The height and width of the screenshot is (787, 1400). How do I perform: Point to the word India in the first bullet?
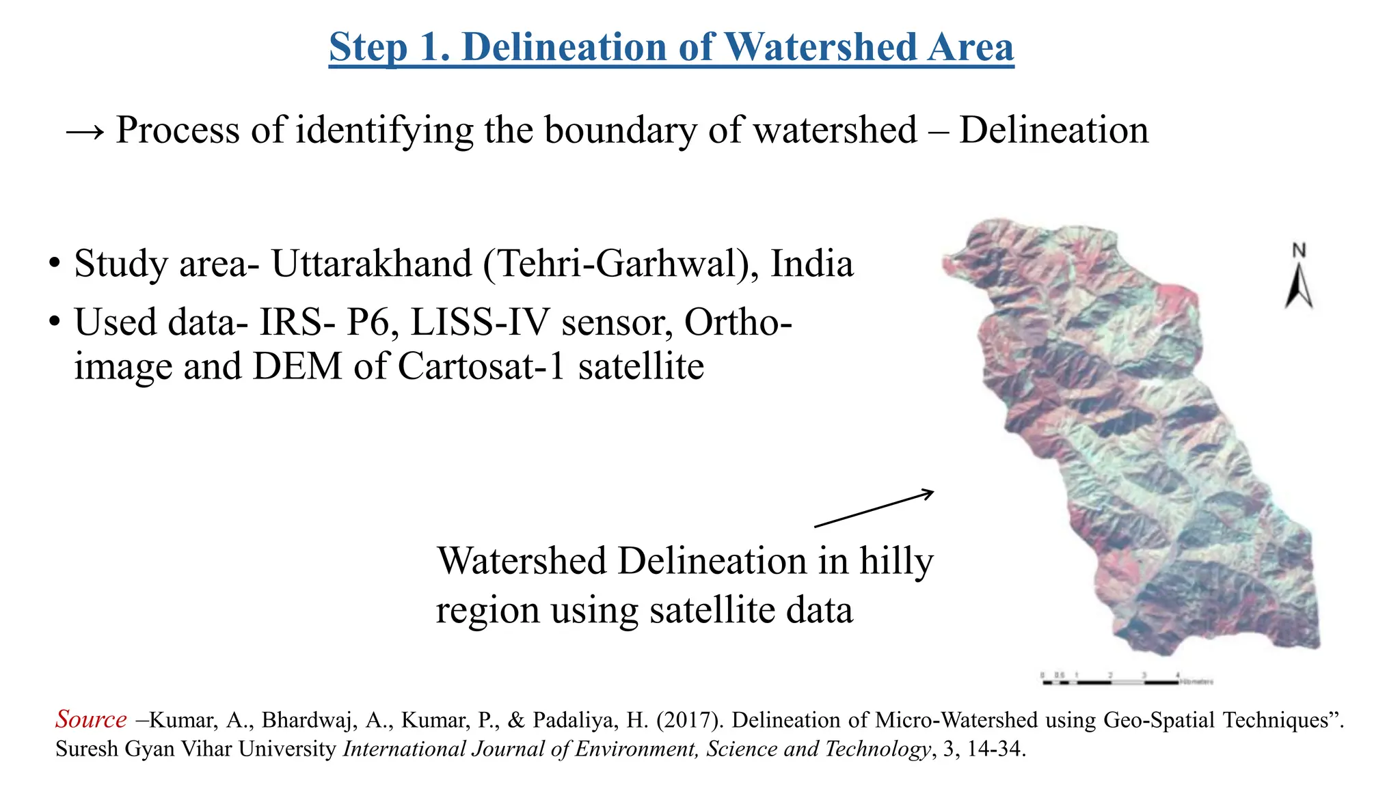tap(812, 264)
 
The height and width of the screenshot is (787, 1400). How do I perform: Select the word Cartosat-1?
tap(481, 367)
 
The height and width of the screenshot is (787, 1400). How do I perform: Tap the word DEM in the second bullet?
tap(297, 367)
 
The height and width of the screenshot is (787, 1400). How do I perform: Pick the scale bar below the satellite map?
tap(1125, 680)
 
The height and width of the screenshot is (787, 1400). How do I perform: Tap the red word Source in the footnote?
tap(91, 719)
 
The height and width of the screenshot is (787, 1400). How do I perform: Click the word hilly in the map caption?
tap(896, 562)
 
